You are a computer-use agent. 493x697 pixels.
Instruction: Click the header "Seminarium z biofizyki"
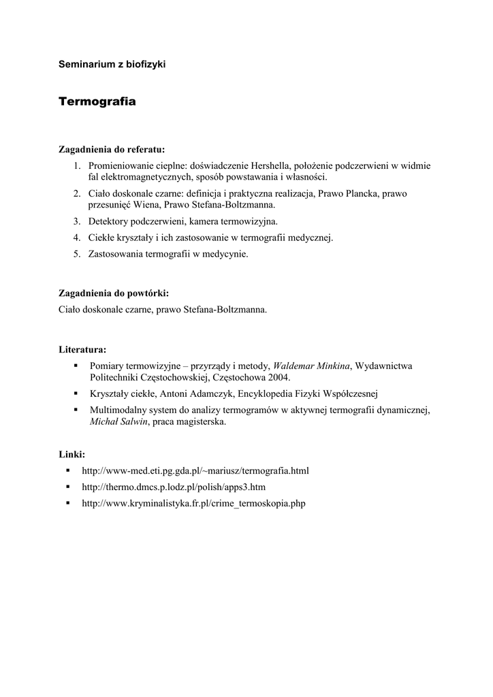click(x=112, y=64)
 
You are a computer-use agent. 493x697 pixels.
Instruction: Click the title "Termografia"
click(x=97, y=101)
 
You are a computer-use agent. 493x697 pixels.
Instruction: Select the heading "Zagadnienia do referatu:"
click(x=112, y=149)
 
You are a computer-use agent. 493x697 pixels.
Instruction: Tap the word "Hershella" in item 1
click(x=272, y=165)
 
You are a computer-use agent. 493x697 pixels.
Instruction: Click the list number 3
click(x=77, y=221)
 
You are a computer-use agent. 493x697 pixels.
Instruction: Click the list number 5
click(x=77, y=254)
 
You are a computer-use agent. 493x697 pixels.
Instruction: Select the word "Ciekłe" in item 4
click(x=101, y=238)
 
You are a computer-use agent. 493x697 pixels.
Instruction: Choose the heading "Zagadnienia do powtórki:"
click(x=114, y=293)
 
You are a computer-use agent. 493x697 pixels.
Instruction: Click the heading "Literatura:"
click(x=82, y=350)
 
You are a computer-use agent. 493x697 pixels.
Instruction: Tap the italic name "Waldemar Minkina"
click(x=311, y=366)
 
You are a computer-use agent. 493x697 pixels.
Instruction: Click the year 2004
click(x=279, y=377)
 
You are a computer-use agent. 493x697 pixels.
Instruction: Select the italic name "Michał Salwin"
click(x=118, y=421)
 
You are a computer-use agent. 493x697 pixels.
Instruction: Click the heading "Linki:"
click(x=71, y=454)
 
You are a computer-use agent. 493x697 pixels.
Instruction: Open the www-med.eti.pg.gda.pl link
click(x=195, y=470)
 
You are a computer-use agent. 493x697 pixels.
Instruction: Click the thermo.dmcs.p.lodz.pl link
click(x=174, y=487)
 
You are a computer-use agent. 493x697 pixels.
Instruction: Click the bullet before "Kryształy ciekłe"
click(x=76, y=393)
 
